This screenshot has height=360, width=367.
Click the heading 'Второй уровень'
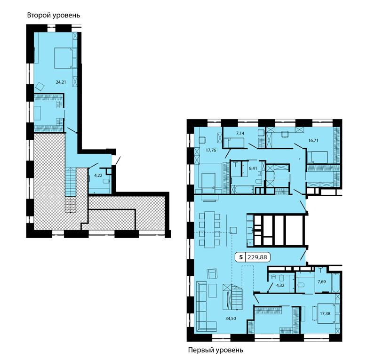click(54, 16)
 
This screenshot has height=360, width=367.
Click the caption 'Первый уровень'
click(215, 350)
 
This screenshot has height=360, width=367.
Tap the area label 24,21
click(61, 82)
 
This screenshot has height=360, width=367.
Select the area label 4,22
click(98, 176)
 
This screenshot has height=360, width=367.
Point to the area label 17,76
click(211, 150)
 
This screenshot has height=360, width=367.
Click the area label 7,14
click(240, 133)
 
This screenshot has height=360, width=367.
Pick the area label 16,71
click(313, 141)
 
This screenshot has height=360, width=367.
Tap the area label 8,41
click(253, 168)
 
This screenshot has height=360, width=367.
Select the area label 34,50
click(231, 318)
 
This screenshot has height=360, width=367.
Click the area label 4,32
click(280, 285)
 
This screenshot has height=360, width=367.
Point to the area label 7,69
click(321, 281)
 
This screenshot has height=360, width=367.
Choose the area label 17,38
click(325, 313)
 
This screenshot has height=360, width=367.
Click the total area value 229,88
click(257, 257)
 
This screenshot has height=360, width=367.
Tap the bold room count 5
click(240, 257)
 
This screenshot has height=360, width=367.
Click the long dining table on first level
click(209, 229)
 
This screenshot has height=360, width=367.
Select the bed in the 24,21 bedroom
click(63, 58)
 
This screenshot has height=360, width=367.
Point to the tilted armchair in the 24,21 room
click(40, 87)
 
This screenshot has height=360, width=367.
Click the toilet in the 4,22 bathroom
click(106, 181)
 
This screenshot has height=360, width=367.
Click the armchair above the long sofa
click(212, 273)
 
